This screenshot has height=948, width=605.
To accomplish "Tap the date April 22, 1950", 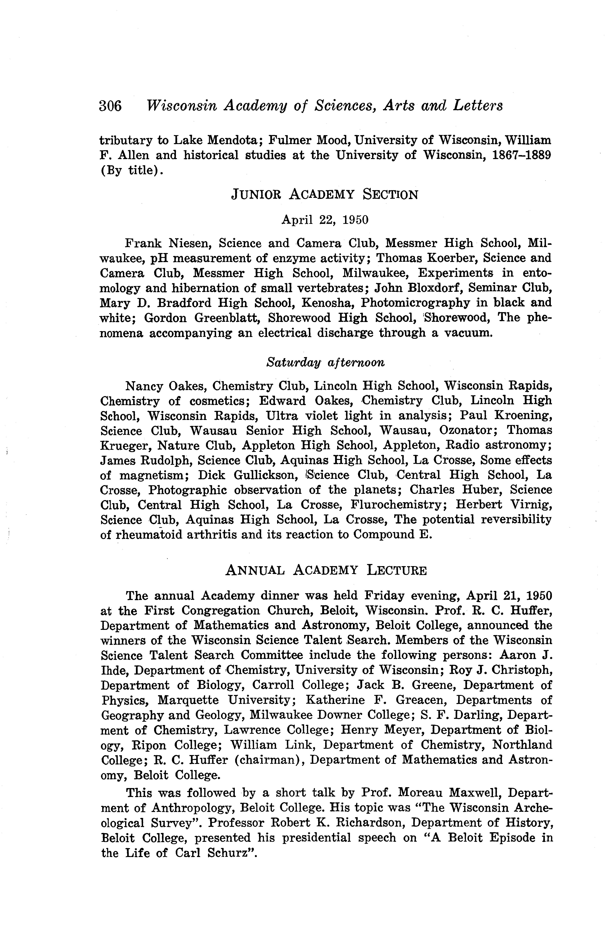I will click(325, 220).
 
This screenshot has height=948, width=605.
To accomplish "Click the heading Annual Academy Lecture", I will click(326, 570).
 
